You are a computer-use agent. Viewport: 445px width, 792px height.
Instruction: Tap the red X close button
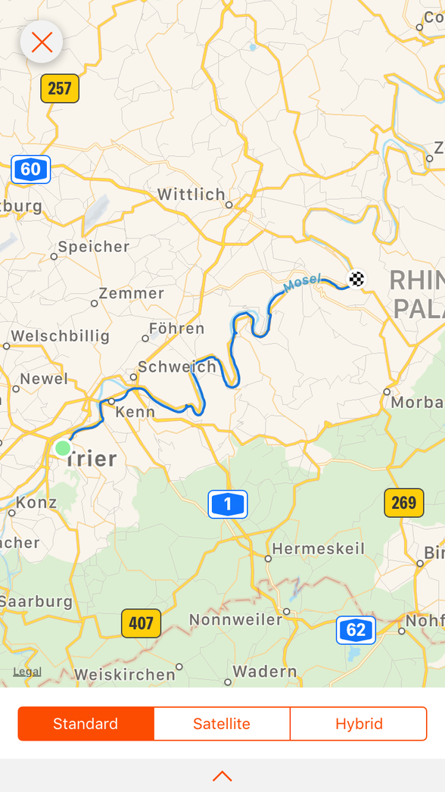42,42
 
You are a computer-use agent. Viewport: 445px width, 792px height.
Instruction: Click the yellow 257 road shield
60,89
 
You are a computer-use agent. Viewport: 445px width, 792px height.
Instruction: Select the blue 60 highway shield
30,169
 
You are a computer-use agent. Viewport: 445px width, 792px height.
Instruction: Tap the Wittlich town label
191,195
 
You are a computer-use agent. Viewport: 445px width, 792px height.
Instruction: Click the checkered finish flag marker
356,279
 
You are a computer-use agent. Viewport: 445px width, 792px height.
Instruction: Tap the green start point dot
63,447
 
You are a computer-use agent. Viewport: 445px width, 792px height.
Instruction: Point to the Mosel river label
302,284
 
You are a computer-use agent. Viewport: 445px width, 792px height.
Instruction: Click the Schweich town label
177,367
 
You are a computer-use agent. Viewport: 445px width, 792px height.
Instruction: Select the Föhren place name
177,329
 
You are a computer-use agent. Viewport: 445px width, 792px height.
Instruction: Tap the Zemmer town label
132,294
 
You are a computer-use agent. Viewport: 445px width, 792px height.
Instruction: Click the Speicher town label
94,247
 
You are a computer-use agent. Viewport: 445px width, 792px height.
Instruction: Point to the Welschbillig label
61,336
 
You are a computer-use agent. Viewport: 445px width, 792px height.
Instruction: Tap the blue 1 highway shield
228,504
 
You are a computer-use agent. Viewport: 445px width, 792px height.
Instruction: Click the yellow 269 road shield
404,503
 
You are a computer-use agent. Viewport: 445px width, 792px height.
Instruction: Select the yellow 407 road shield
142,623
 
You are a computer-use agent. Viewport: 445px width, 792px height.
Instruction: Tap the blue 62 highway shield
356,630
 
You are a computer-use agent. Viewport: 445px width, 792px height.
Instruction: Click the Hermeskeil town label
318,549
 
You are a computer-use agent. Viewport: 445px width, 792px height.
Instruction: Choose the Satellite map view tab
222,724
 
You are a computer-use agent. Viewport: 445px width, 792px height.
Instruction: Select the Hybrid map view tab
359,724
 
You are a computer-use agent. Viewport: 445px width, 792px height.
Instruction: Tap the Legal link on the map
27,672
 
